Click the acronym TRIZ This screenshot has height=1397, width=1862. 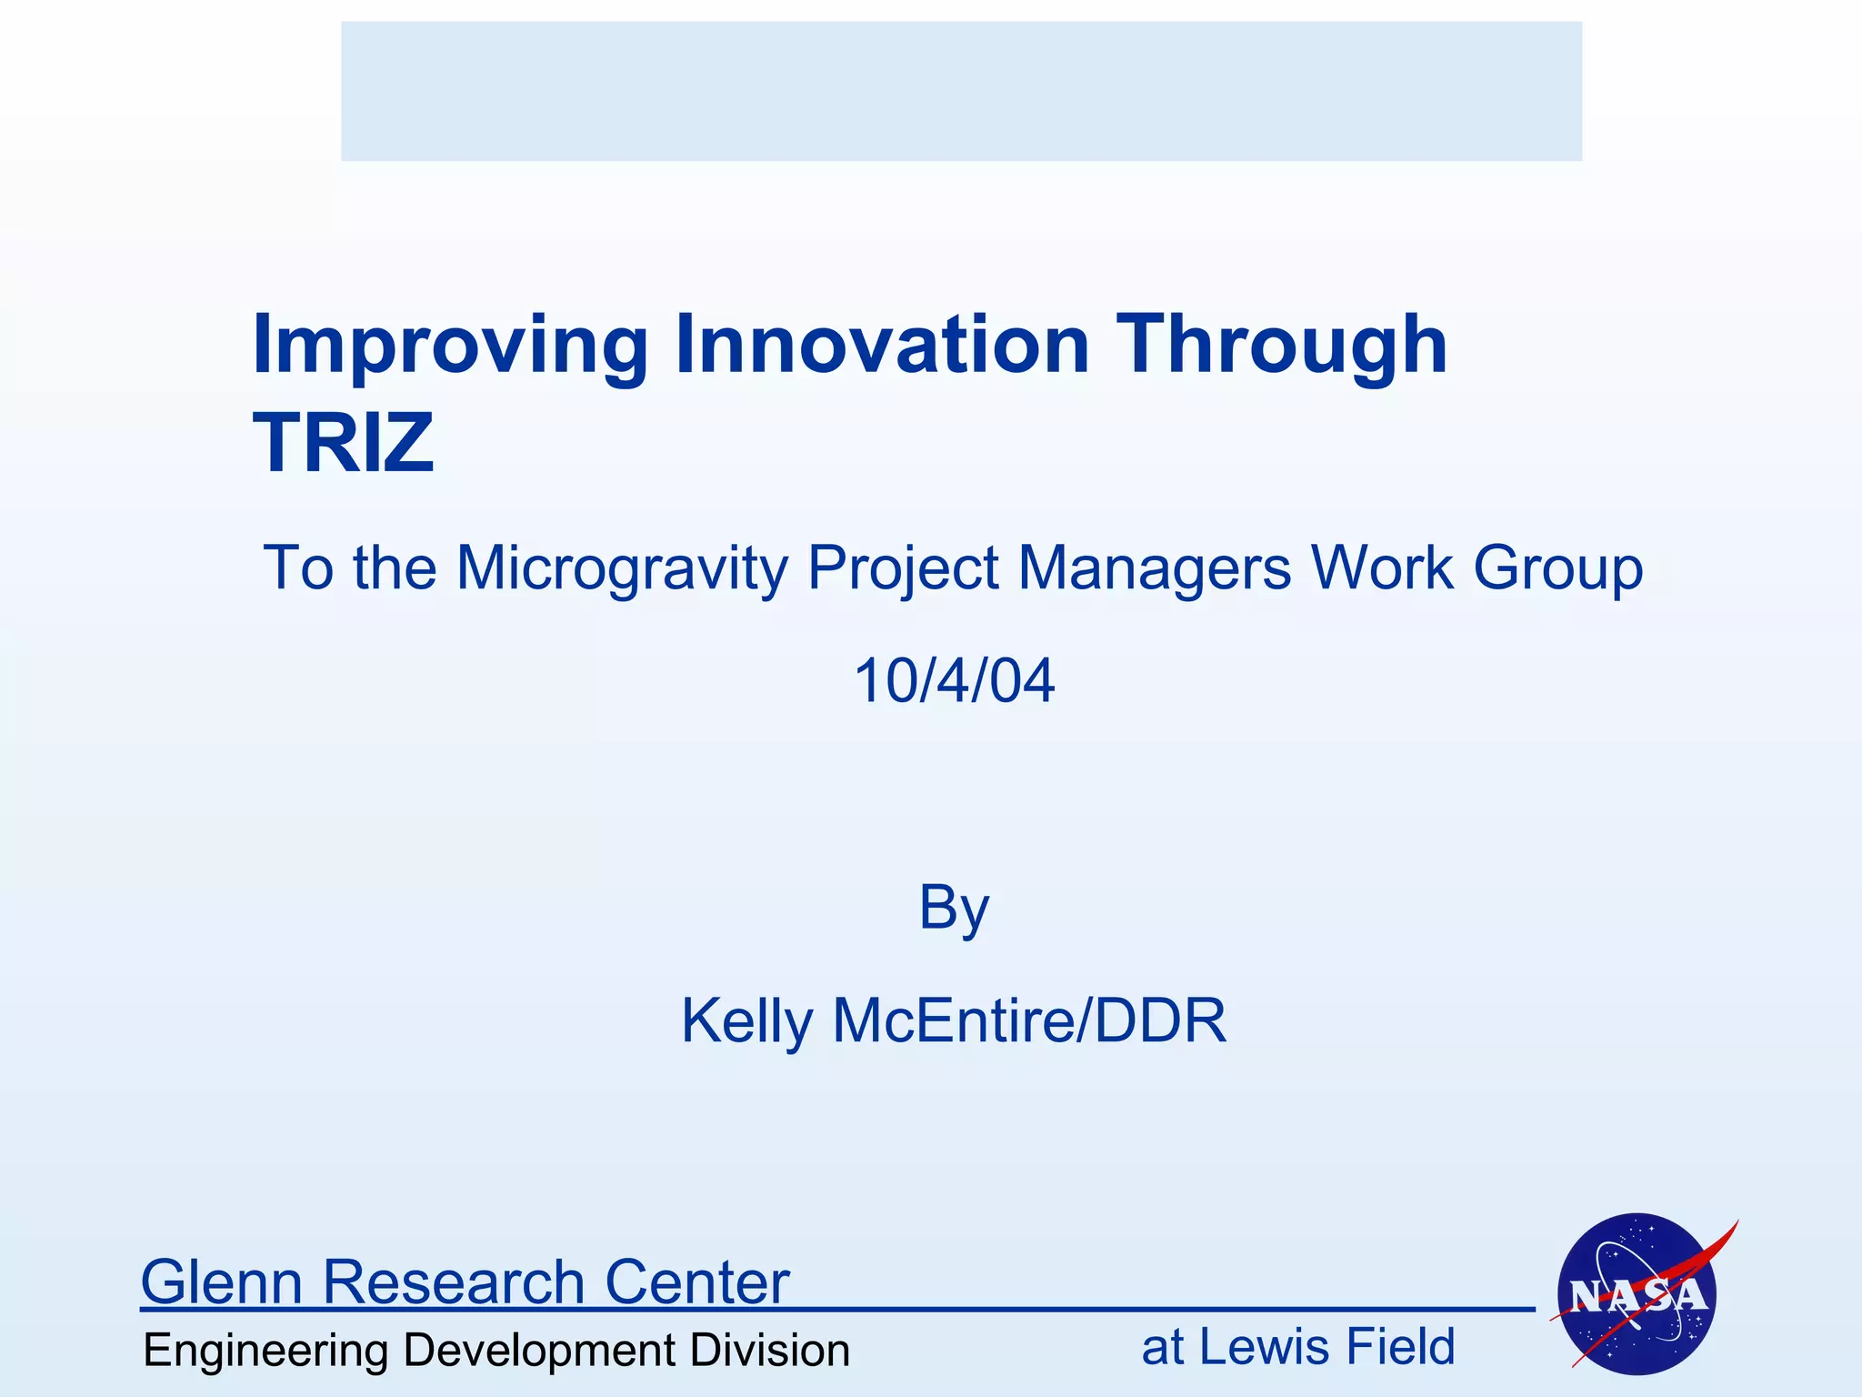pos(343,443)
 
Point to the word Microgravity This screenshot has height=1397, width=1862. pos(622,569)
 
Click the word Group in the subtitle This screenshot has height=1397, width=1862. pos(1557,569)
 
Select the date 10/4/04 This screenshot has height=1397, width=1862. pos(954,680)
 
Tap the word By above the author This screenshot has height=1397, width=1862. pos(953,908)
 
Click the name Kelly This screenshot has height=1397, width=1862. pos(746,1021)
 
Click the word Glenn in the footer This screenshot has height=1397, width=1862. pos(222,1281)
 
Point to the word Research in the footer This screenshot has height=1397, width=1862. pos(453,1281)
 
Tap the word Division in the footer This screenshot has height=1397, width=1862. pos(769,1350)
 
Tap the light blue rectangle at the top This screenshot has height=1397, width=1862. pos(961,91)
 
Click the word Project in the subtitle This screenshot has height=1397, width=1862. pos(903,569)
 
